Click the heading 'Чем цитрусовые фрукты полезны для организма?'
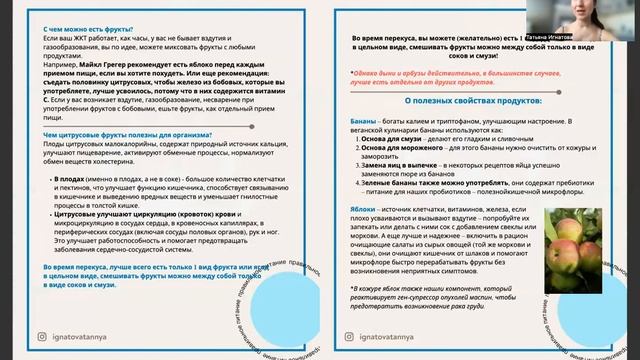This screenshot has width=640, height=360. pos(123,136)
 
